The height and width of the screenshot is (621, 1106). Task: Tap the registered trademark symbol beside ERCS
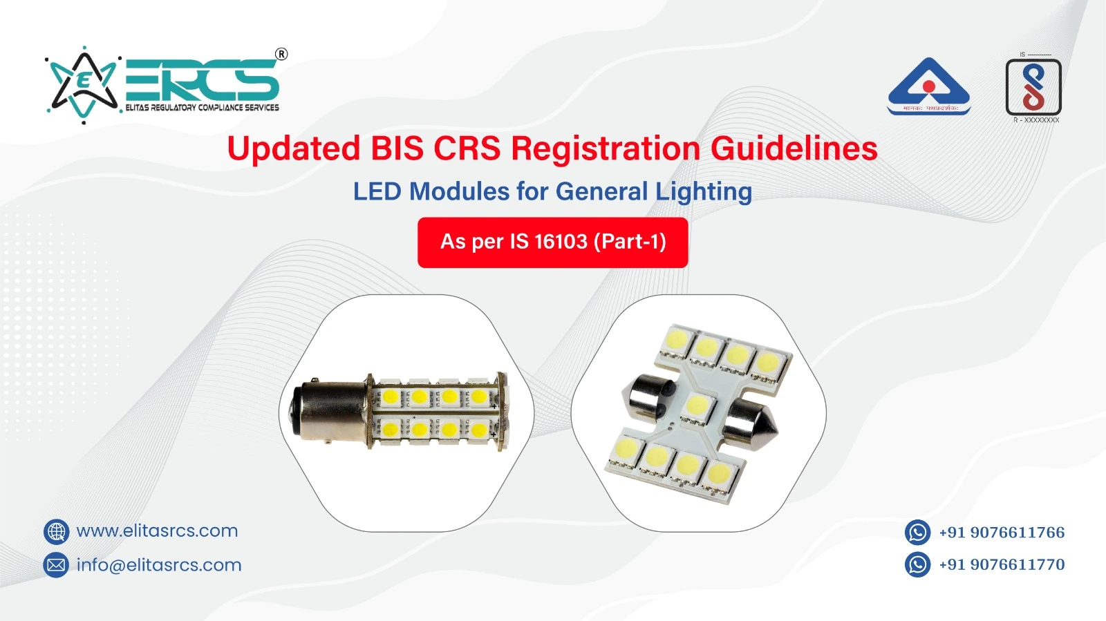(281, 54)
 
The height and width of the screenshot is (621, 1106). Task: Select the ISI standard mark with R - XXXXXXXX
(1033, 88)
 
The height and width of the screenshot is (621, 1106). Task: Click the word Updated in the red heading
(294, 149)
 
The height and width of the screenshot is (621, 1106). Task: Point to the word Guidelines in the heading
(794, 149)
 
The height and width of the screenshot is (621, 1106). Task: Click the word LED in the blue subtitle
(377, 191)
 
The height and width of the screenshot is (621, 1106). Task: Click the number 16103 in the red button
(561, 242)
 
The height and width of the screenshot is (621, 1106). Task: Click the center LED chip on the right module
(697, 405)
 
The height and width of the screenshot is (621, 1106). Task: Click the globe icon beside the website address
(56, 532)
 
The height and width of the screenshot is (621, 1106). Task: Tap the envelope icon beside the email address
(56, 565)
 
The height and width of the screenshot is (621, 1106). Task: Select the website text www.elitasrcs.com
(157, 531)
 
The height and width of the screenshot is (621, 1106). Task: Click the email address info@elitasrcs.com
(159, 565)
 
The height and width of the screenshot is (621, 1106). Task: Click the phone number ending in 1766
(1002, 533)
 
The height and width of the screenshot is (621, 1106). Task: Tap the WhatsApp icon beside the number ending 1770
(917, 564)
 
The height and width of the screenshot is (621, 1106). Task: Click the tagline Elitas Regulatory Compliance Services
(203, 108)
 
